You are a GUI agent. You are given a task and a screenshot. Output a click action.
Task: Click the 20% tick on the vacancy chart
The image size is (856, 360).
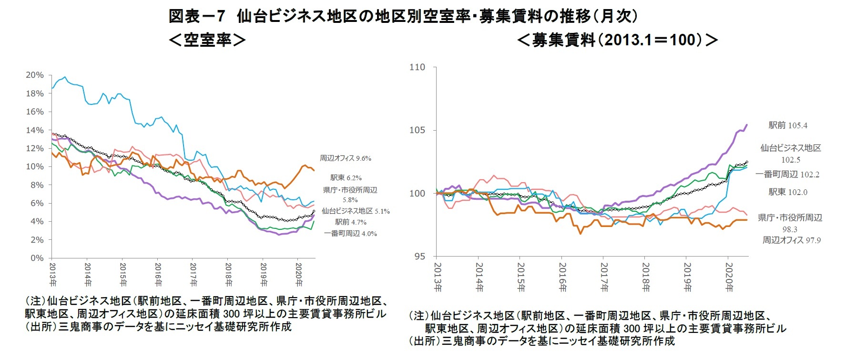(x=34, y=75)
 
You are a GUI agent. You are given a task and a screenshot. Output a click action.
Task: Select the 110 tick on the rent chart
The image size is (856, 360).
(x=417, y=67)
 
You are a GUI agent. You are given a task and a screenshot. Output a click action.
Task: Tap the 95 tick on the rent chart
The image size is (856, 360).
(x=419, y=257)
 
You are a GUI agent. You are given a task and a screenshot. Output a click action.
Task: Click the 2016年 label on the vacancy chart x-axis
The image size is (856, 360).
(x=158, y=274)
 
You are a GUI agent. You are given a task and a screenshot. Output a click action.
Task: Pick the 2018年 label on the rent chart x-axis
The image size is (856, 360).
(x=646, y=277)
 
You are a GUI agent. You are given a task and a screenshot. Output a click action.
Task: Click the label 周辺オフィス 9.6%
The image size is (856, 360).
(x=345, y=158)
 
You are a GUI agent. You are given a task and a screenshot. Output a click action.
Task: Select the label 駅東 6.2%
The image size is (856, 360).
(x=346, y=178)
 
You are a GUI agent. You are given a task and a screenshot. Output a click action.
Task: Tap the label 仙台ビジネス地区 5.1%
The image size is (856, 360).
(x=355, y=211)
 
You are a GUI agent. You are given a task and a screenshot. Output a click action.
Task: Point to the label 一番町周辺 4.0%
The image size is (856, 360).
(x=350, y=234)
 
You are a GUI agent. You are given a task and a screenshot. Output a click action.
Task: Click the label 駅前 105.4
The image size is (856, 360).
(x=788, y=125)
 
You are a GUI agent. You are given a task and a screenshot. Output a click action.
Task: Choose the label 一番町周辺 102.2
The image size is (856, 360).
(x=787, y=175)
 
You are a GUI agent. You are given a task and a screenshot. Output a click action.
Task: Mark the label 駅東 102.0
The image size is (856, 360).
(x=788, y=192)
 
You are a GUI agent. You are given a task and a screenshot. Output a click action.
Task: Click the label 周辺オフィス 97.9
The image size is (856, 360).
(x=791, y=240)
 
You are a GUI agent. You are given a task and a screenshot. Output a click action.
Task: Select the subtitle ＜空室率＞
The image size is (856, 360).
(x=207, y=40)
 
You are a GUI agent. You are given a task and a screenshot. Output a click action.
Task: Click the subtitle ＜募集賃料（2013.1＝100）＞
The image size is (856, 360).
(x=617, y=40)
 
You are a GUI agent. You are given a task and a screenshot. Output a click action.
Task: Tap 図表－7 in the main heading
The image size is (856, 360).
(x=196, y=16)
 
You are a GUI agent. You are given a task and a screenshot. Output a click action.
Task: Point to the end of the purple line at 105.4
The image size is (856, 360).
(x=747, y=125)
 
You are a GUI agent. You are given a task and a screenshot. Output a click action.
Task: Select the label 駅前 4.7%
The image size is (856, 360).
(x=350, y=222)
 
